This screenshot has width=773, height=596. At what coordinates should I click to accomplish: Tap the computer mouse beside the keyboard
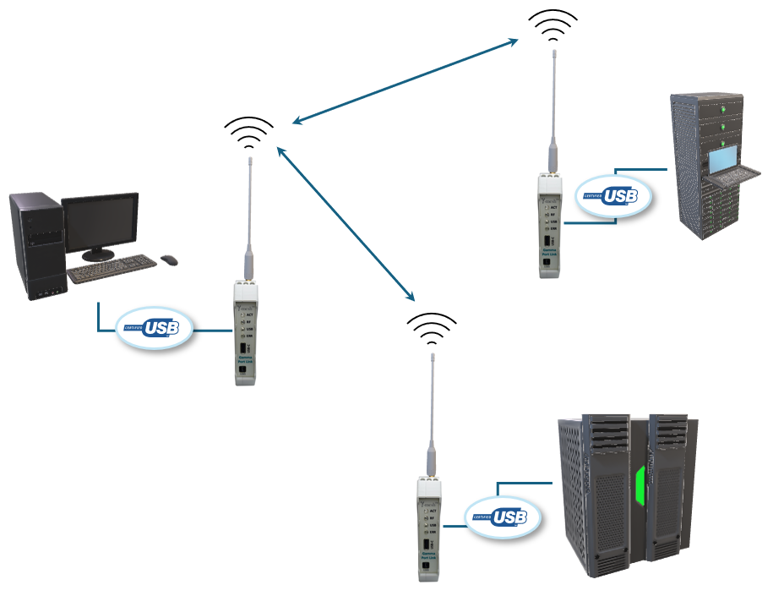coord(169,260)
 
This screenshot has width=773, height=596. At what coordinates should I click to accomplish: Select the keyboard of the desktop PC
coord(112,270)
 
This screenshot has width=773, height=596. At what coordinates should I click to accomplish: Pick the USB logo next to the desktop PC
coord(155,328)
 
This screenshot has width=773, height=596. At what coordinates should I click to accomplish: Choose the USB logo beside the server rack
coord(617,196)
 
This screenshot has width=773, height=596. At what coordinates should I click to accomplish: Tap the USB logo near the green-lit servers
coord(504,517)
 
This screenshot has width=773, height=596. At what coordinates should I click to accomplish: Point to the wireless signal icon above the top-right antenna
coord(553,27)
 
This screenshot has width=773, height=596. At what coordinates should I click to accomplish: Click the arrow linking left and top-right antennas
coord(406,81)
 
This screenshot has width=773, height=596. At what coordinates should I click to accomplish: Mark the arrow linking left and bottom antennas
coord(346,222)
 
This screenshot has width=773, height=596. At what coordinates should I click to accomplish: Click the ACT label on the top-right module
coord(554,206)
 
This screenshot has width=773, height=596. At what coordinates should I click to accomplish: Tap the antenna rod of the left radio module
coord(250,203)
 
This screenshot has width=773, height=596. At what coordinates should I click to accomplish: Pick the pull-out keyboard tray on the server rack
coord(723,178)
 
